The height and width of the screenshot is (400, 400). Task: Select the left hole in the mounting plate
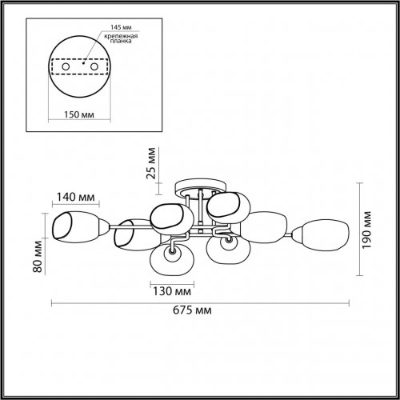[x=58, y=67]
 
